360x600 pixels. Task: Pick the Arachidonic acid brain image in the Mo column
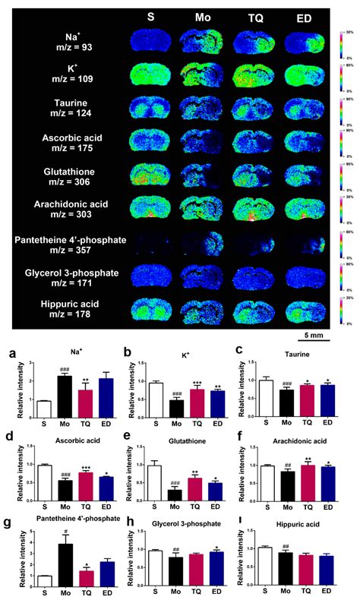pos(203,210)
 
